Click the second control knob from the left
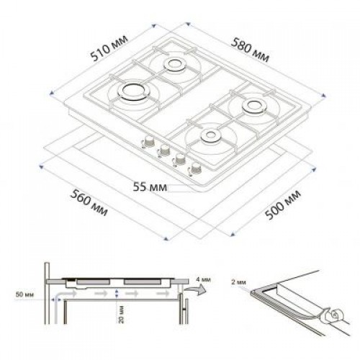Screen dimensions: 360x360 tap(163, 151)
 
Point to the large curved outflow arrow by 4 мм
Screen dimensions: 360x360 tap(190, 290)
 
